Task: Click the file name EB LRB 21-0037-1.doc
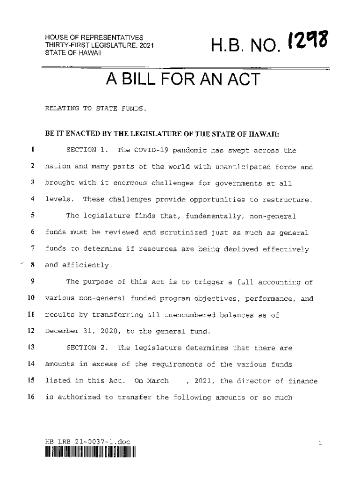point(87,442)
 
